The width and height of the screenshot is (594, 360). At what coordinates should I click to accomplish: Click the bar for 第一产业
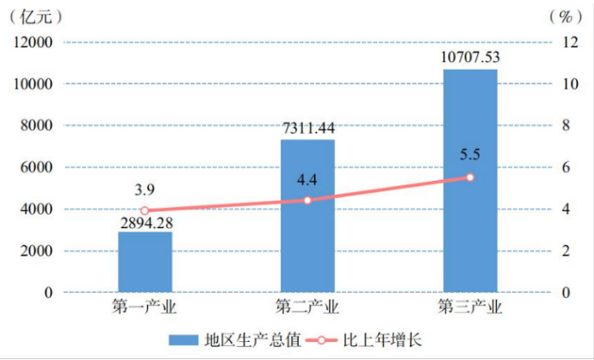[x=145, y=263]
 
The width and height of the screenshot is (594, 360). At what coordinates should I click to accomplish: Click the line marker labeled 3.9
[x=145, y=211]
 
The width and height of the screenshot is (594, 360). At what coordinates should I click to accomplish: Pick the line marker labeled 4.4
[x=307, y=201]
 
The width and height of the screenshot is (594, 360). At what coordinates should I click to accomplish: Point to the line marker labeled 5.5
[x=470, y=177]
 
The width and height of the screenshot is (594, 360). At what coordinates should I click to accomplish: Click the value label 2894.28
[x=145, y=222]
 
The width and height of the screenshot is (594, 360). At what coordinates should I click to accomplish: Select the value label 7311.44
[x=307, y=128]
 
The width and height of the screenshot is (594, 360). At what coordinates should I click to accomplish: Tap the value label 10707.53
[x=470, y=58]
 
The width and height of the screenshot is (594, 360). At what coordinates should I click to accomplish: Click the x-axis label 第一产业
[x=145, y=307]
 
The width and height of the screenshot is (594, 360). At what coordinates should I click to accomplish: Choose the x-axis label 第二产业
[x=307, y=307]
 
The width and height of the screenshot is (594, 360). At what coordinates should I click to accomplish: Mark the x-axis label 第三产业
[x=470, y=307]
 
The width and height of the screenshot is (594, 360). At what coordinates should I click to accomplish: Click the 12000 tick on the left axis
[x=33, y=43]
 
